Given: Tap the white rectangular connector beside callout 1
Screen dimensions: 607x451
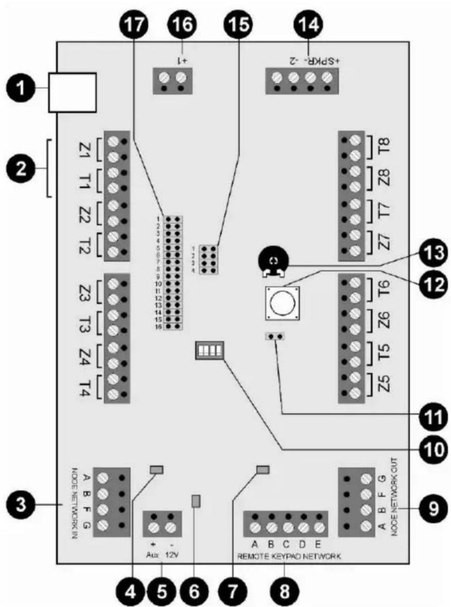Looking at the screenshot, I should (72, 93).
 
